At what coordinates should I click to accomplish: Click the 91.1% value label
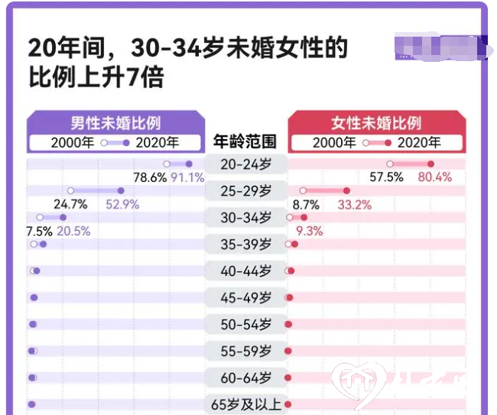pos(187,177)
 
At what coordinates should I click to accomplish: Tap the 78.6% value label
pos(150,177)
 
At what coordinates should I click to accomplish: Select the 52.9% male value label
pos(122,204)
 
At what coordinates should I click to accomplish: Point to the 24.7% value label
pos(70,204)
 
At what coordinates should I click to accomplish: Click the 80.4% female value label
pos(434,177)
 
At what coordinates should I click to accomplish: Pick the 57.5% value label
pos(387,177)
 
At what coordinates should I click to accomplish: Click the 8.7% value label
pos(306,204)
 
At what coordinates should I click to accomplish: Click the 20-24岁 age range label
pos(245,164)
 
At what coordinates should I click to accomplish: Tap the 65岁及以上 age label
pos(246,404)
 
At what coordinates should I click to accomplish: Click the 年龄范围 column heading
pos(245,141)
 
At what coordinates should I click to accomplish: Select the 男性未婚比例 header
pos(116,122)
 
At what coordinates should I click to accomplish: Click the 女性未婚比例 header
pos(376,122)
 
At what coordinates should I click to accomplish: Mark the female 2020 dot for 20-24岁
pos(430,164)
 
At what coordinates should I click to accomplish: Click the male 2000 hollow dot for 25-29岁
pos(70,190)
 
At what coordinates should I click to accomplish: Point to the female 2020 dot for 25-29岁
pos(346,190)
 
